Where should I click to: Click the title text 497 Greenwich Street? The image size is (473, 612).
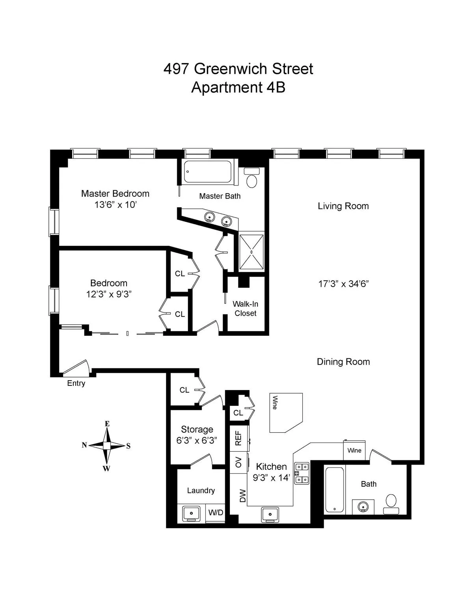point(238,69)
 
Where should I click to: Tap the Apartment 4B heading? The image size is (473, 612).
point(238,87)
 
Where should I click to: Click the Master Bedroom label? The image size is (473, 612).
point(115,193)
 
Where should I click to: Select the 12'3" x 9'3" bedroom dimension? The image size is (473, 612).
point(108,294)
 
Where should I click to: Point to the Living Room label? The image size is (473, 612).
point(343,206)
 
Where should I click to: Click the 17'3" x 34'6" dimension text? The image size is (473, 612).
point(343,284)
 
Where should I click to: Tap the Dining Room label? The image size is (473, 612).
point(343,362)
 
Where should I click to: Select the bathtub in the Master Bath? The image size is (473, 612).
point(208,172)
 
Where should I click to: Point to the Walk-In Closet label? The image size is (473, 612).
point(245,309)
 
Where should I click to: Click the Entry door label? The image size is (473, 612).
point(76,383)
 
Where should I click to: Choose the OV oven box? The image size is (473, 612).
point(238,463)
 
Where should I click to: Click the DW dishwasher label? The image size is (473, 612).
point(242,496)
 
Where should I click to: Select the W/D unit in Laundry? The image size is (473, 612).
point(216,513)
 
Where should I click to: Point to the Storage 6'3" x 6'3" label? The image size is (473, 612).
point(197,435)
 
